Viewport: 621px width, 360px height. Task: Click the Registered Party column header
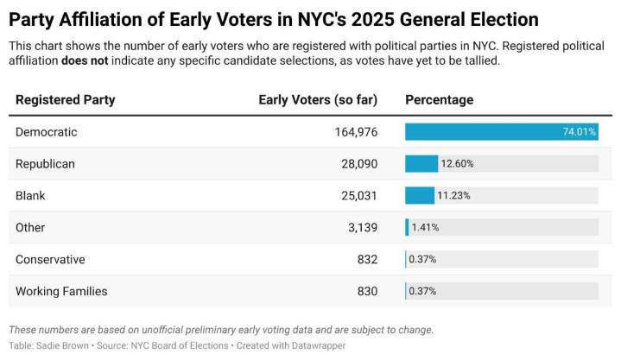(x=65, y=100)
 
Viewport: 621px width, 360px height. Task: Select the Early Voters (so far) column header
(x=318, y=100)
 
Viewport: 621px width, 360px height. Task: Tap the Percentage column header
(x=439, y=100)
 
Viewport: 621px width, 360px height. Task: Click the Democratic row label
(x=47, y=132)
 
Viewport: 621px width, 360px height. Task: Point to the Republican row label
(x=45, y=164)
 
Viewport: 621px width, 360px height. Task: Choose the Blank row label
(x=30, y=196)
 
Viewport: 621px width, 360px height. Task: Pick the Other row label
(x=30, y=228)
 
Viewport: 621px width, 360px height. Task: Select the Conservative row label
(x=50, y=260)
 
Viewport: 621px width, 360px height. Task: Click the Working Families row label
(x=61, y=292)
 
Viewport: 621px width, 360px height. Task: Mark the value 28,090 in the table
(x=359, y=164)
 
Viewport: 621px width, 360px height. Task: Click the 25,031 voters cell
(x=359, y=196)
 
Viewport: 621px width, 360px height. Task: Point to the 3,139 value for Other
(x=363, y=228)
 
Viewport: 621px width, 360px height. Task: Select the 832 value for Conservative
(x=367, y=260)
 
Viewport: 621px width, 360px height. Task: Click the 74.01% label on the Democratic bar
(x=579, y=132)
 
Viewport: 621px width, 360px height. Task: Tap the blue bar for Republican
(x=421, y=164)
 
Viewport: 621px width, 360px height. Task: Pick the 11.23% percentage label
(x=453, y=196)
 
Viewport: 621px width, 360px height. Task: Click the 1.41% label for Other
(x=425, y=228)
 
